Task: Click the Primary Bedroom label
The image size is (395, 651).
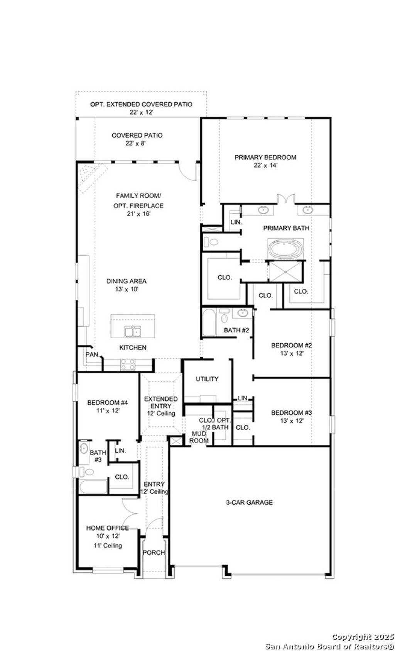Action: click(265, 157)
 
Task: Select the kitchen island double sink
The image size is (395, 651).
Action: click(132, 331)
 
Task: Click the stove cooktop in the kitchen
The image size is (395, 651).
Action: click(128, 364)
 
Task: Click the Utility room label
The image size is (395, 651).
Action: click(207, 379)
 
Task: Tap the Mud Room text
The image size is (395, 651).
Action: click(200, 437)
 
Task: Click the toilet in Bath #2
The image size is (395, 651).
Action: click(224, 318)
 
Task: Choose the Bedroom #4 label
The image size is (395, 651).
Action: click(107, 403)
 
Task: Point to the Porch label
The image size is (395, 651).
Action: click(154, 553)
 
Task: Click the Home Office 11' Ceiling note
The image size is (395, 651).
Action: click(108, 546)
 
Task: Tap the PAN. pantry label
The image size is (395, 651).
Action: click(93, 354)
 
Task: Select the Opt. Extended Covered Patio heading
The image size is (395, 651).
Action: click(141, 104)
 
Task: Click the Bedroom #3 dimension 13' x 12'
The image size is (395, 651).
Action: click(291, 421)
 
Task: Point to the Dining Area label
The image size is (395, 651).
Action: click(127, 281)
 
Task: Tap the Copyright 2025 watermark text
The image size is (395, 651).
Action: click(363, 636)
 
